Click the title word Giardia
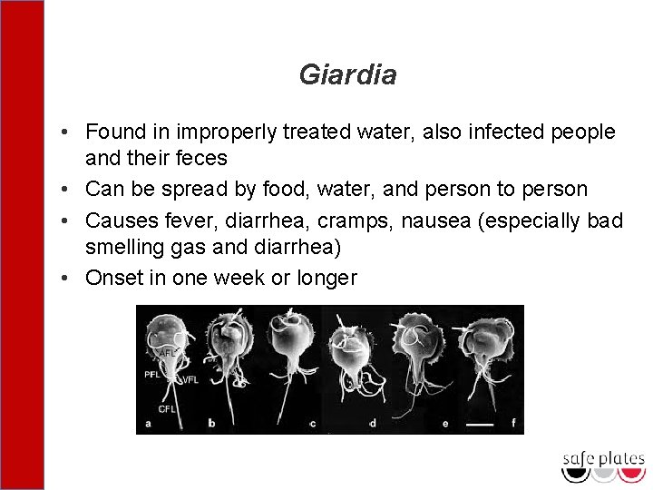[347, 75]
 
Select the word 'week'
[240, 277]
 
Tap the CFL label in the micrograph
[167, 409]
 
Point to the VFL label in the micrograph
[190, 381]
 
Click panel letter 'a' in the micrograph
[149, 423]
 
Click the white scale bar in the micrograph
[479, 424]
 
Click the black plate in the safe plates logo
[576, 474]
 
